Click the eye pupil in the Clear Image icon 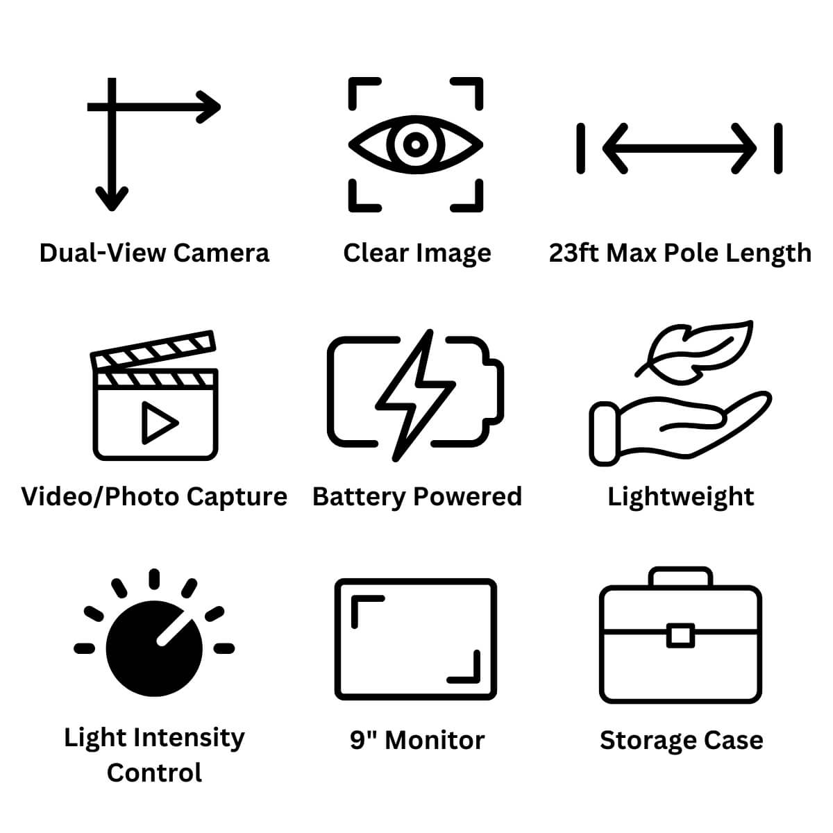tap(415, 145)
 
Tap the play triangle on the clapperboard tap(159, 423)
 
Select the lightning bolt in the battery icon tap(415, 396)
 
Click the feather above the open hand tap(694, 353)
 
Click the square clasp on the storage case tap(680, 635)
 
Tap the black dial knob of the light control tap(154, 648)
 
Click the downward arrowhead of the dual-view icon tap(112, 199)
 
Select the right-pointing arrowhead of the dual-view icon tap(208, 107)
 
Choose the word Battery tap(359, 497)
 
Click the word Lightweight tap(681, 497)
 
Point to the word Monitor tap(435, 741)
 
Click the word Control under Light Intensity tap(154, 773)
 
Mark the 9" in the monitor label tap(362, 740)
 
